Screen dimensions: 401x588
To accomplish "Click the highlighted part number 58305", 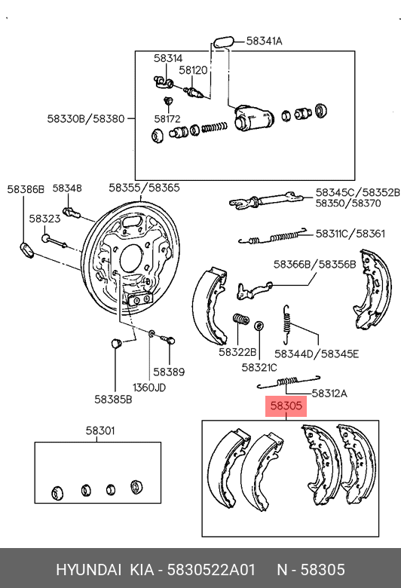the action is pos(286,406).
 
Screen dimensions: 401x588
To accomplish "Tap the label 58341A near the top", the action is pos(264,41).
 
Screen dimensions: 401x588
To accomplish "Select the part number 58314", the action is pos(168,58).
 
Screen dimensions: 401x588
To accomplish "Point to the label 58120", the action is pos(193,70).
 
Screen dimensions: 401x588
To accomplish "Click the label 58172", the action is pos(167,119).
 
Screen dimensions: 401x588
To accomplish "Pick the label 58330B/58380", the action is pos(85,119).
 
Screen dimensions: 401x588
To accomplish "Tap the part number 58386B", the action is pos(26,189).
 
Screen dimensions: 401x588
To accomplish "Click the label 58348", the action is pos(67,188).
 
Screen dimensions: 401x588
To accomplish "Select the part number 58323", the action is pos(44,219).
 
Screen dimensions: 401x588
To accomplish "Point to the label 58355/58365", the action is pos(144,188).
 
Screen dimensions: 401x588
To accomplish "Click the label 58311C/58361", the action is pos(350,234).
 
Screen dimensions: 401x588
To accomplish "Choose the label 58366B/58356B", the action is pos(314,265).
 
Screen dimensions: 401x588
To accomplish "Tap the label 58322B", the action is pos(237,352).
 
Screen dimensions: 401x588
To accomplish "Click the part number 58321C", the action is pos(259,368).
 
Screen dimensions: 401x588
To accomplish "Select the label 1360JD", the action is pos(149,387).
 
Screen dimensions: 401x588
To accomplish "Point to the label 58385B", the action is pos(113,400).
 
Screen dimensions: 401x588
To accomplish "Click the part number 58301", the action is pos(99,430).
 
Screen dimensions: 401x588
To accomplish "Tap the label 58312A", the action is pos(329,394).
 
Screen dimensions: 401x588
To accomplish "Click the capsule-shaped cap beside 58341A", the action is pos(224,41).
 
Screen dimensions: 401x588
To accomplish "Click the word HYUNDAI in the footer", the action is pos(88,570).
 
